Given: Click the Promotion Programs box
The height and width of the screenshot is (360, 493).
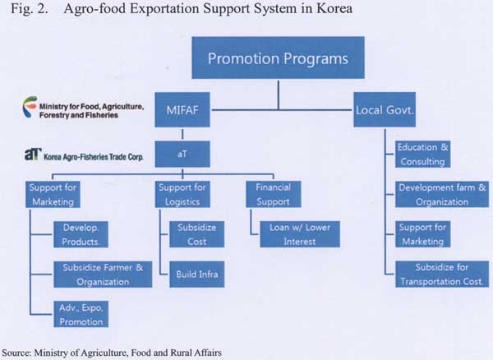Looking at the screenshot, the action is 279,58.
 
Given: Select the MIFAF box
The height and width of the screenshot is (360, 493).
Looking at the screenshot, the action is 182,110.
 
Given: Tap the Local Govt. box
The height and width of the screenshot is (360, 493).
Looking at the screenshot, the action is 385,110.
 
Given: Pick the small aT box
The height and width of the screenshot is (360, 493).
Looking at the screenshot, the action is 182,154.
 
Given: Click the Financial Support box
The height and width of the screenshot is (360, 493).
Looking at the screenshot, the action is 274,194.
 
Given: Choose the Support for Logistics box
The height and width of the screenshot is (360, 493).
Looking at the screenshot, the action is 182,194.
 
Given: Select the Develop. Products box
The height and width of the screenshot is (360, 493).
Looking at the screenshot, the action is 81,234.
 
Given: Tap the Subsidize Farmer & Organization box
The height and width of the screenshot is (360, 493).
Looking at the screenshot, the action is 103,275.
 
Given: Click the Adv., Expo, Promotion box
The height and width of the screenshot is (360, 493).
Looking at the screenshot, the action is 81,314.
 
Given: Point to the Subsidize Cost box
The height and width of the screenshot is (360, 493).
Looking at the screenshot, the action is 197,234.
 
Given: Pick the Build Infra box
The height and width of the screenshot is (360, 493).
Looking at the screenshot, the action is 197,275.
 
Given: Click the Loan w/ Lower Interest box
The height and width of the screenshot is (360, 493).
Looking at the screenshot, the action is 300,234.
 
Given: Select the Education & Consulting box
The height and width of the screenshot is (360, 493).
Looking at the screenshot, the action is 422,154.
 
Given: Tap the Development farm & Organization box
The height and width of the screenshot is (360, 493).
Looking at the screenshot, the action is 442,194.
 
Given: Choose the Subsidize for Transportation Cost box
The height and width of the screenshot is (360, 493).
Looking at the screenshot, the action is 442,275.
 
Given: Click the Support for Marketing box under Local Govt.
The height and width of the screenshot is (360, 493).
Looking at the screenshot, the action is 422,234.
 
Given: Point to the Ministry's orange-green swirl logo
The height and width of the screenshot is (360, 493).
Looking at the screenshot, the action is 30,107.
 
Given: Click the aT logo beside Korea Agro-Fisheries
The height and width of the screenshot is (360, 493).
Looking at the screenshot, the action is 33,154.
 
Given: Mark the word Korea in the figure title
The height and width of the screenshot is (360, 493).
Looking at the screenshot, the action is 334,8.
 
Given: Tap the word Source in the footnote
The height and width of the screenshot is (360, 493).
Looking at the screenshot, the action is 16,353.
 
